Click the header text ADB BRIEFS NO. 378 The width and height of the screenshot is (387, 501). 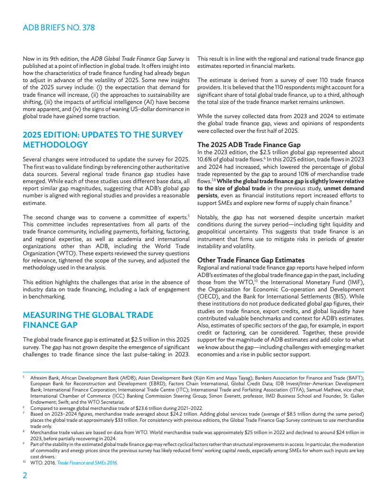pos(59,28)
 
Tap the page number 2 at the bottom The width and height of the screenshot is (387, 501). pos(25,475)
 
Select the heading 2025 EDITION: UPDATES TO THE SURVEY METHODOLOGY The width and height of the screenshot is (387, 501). pos(103,139)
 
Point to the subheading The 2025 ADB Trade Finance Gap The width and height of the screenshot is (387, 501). pos(249,144)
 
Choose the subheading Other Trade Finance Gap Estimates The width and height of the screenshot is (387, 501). pos(250,260)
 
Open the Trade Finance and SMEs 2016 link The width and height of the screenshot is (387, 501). pos(87,462)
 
